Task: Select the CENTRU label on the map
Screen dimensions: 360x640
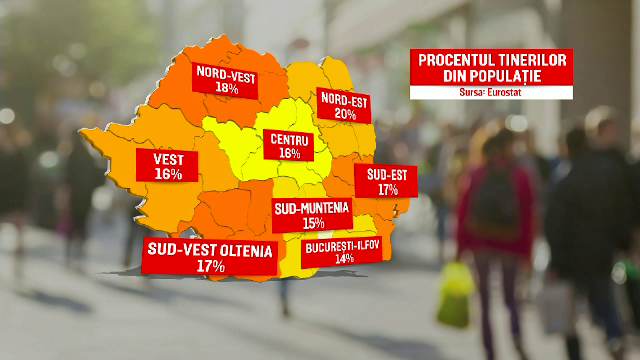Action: [289, 140]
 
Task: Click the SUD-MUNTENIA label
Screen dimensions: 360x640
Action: [312, 209]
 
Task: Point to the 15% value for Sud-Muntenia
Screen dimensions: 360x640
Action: [312, 223]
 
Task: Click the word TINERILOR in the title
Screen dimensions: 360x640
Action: [533, 61]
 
